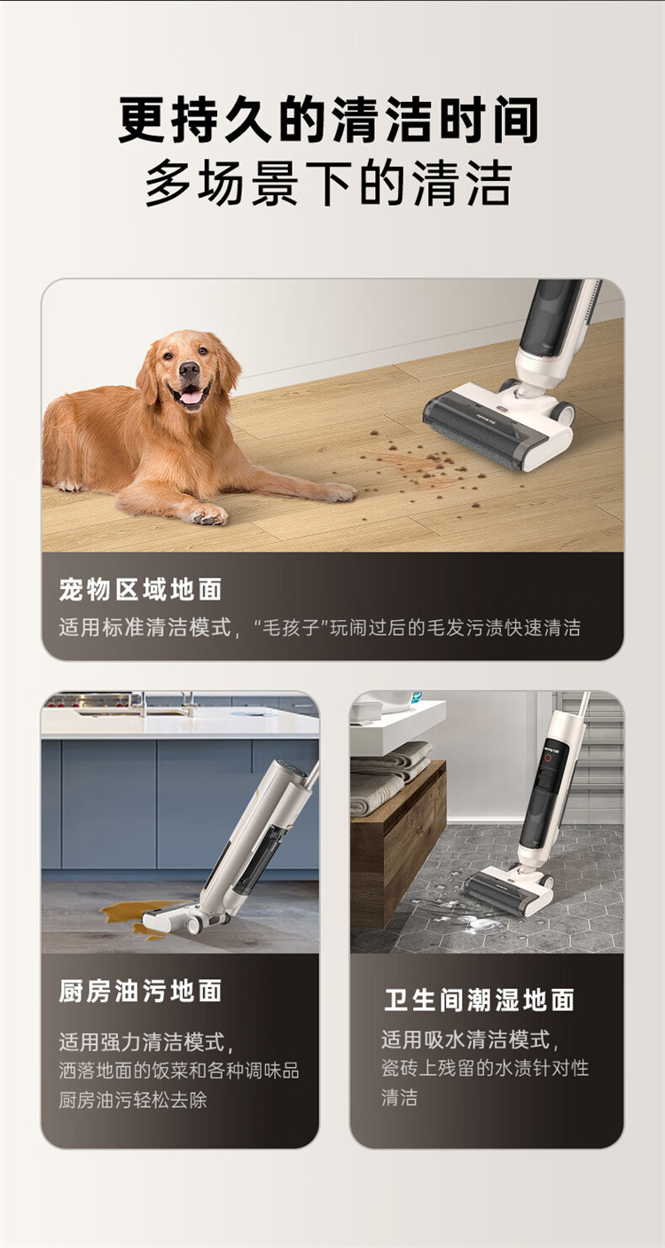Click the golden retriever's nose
pyautogui.click(x=189, y=369)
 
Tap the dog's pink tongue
pyautogui.click(x=191, y=396)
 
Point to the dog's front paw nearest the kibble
pyautogui.click(x=337, y=492)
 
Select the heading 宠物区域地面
pyautogui.click(x=140, y=590)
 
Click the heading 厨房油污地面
pyautogui.click(x=140, y=991)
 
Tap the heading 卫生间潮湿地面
pyautogui.click(x=479, y=1000)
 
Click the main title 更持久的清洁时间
pyautogui.click(x=329, y=120)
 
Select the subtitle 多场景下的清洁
pyautogui.click(x=329, y=184)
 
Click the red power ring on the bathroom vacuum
pyautogui.click(x=547, y=758)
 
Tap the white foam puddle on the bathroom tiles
pyautogui.click(x=478, y=923)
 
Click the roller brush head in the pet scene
pyautogui.click(x=468, y=428)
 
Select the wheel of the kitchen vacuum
pyautogui.click(x=194, y=925)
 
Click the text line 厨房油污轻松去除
pyautogui.click(x=133, y=1100)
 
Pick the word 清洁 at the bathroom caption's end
pyautogui.click(x=399, y=1097)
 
